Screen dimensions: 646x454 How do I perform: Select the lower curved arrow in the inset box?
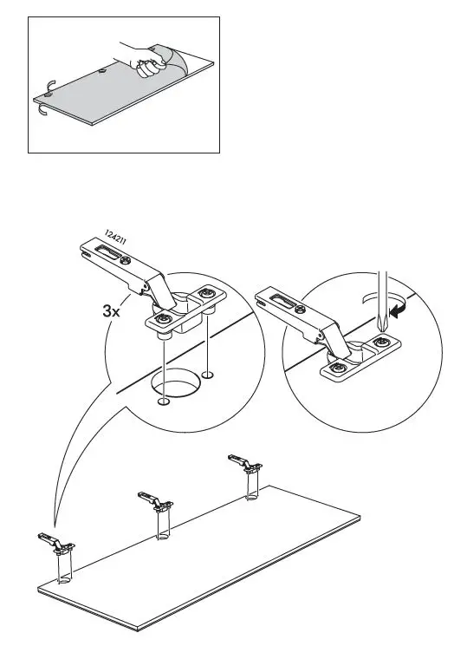(x=42, y=110)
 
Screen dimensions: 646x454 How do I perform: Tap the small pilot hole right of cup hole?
(x=208, y=375)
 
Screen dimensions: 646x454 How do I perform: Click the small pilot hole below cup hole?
(x=164, y=401)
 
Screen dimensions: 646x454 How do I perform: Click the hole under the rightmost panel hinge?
(x=252, y=498)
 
